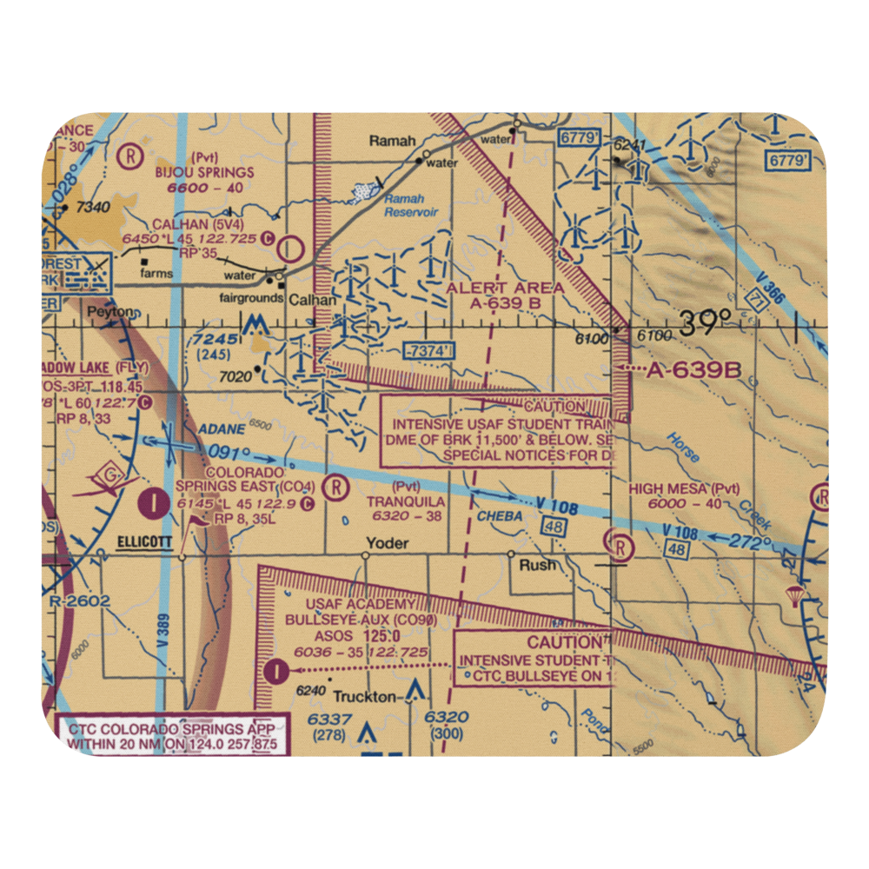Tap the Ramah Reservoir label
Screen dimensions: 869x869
[411, 205]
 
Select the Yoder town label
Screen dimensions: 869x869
[387, 543]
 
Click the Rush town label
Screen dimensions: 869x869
[537, 564]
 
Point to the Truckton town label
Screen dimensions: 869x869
[365, 696]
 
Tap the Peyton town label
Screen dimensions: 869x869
[114, 311]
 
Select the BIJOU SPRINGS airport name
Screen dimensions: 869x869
[205, 172]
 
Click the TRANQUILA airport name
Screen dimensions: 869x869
[406, 501]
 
